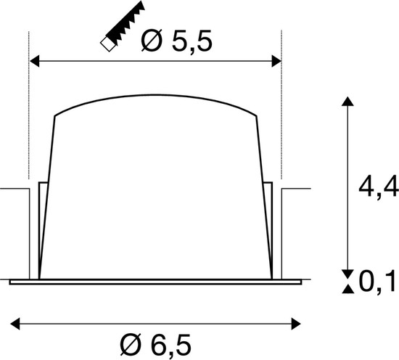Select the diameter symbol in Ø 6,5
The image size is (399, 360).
131,342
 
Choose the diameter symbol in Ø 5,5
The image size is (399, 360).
150,43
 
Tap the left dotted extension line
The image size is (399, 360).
28,131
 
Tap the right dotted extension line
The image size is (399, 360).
281,131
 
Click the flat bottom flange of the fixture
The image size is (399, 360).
155,280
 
